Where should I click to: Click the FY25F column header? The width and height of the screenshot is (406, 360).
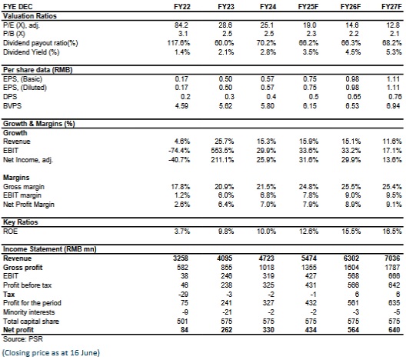pyautogui.click(x=308, y=6)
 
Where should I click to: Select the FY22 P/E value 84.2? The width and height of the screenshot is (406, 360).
pyautogui.click(x=181, y=25)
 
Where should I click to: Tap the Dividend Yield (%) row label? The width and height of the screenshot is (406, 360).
pyautogui.click(x=31, y=52)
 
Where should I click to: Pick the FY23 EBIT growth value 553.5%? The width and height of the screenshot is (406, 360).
pyautogui.click(x=222, y=151)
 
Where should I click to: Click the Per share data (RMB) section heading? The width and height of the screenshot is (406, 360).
pyautogui.click(x=38, y=70)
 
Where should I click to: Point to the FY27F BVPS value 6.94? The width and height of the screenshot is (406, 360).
pyautogui.click(x=393, y=106)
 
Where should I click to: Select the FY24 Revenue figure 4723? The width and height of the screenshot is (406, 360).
pyautogui.click(x=268, y=258)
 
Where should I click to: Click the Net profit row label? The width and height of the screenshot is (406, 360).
pyautogui.click(x=18, y=330)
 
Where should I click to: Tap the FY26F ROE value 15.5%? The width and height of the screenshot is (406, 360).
pyautogui.click(x=351, y=231)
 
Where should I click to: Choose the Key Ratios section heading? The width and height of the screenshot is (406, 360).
pyautogui.click(x=21, y=222)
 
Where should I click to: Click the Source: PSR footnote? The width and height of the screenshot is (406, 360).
pyautogui.click(x=23, y=338)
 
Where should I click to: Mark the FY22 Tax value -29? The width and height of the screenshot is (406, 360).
pyautogui.click(x=183, y=295)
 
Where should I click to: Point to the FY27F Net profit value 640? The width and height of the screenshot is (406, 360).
pyautogui.click(x=394, y=330)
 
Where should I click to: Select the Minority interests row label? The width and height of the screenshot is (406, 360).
pyautogui.click(x=28, y=312)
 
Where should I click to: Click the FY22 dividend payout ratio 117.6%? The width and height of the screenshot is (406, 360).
pyautogui.click(x=178, y=43)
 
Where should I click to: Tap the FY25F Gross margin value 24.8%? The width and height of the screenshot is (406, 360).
pyautogui.click(x=309, y=186)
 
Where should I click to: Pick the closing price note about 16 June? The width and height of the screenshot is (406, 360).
pyautogui.click(x=51, y=353)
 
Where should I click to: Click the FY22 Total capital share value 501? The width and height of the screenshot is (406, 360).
pyautogui.click(x=182, y=321)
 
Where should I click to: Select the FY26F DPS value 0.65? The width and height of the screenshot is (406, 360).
pyautogui.click(x=354, y=97)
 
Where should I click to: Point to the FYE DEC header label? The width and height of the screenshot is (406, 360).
pyautogui.click(x=18, y=6)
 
